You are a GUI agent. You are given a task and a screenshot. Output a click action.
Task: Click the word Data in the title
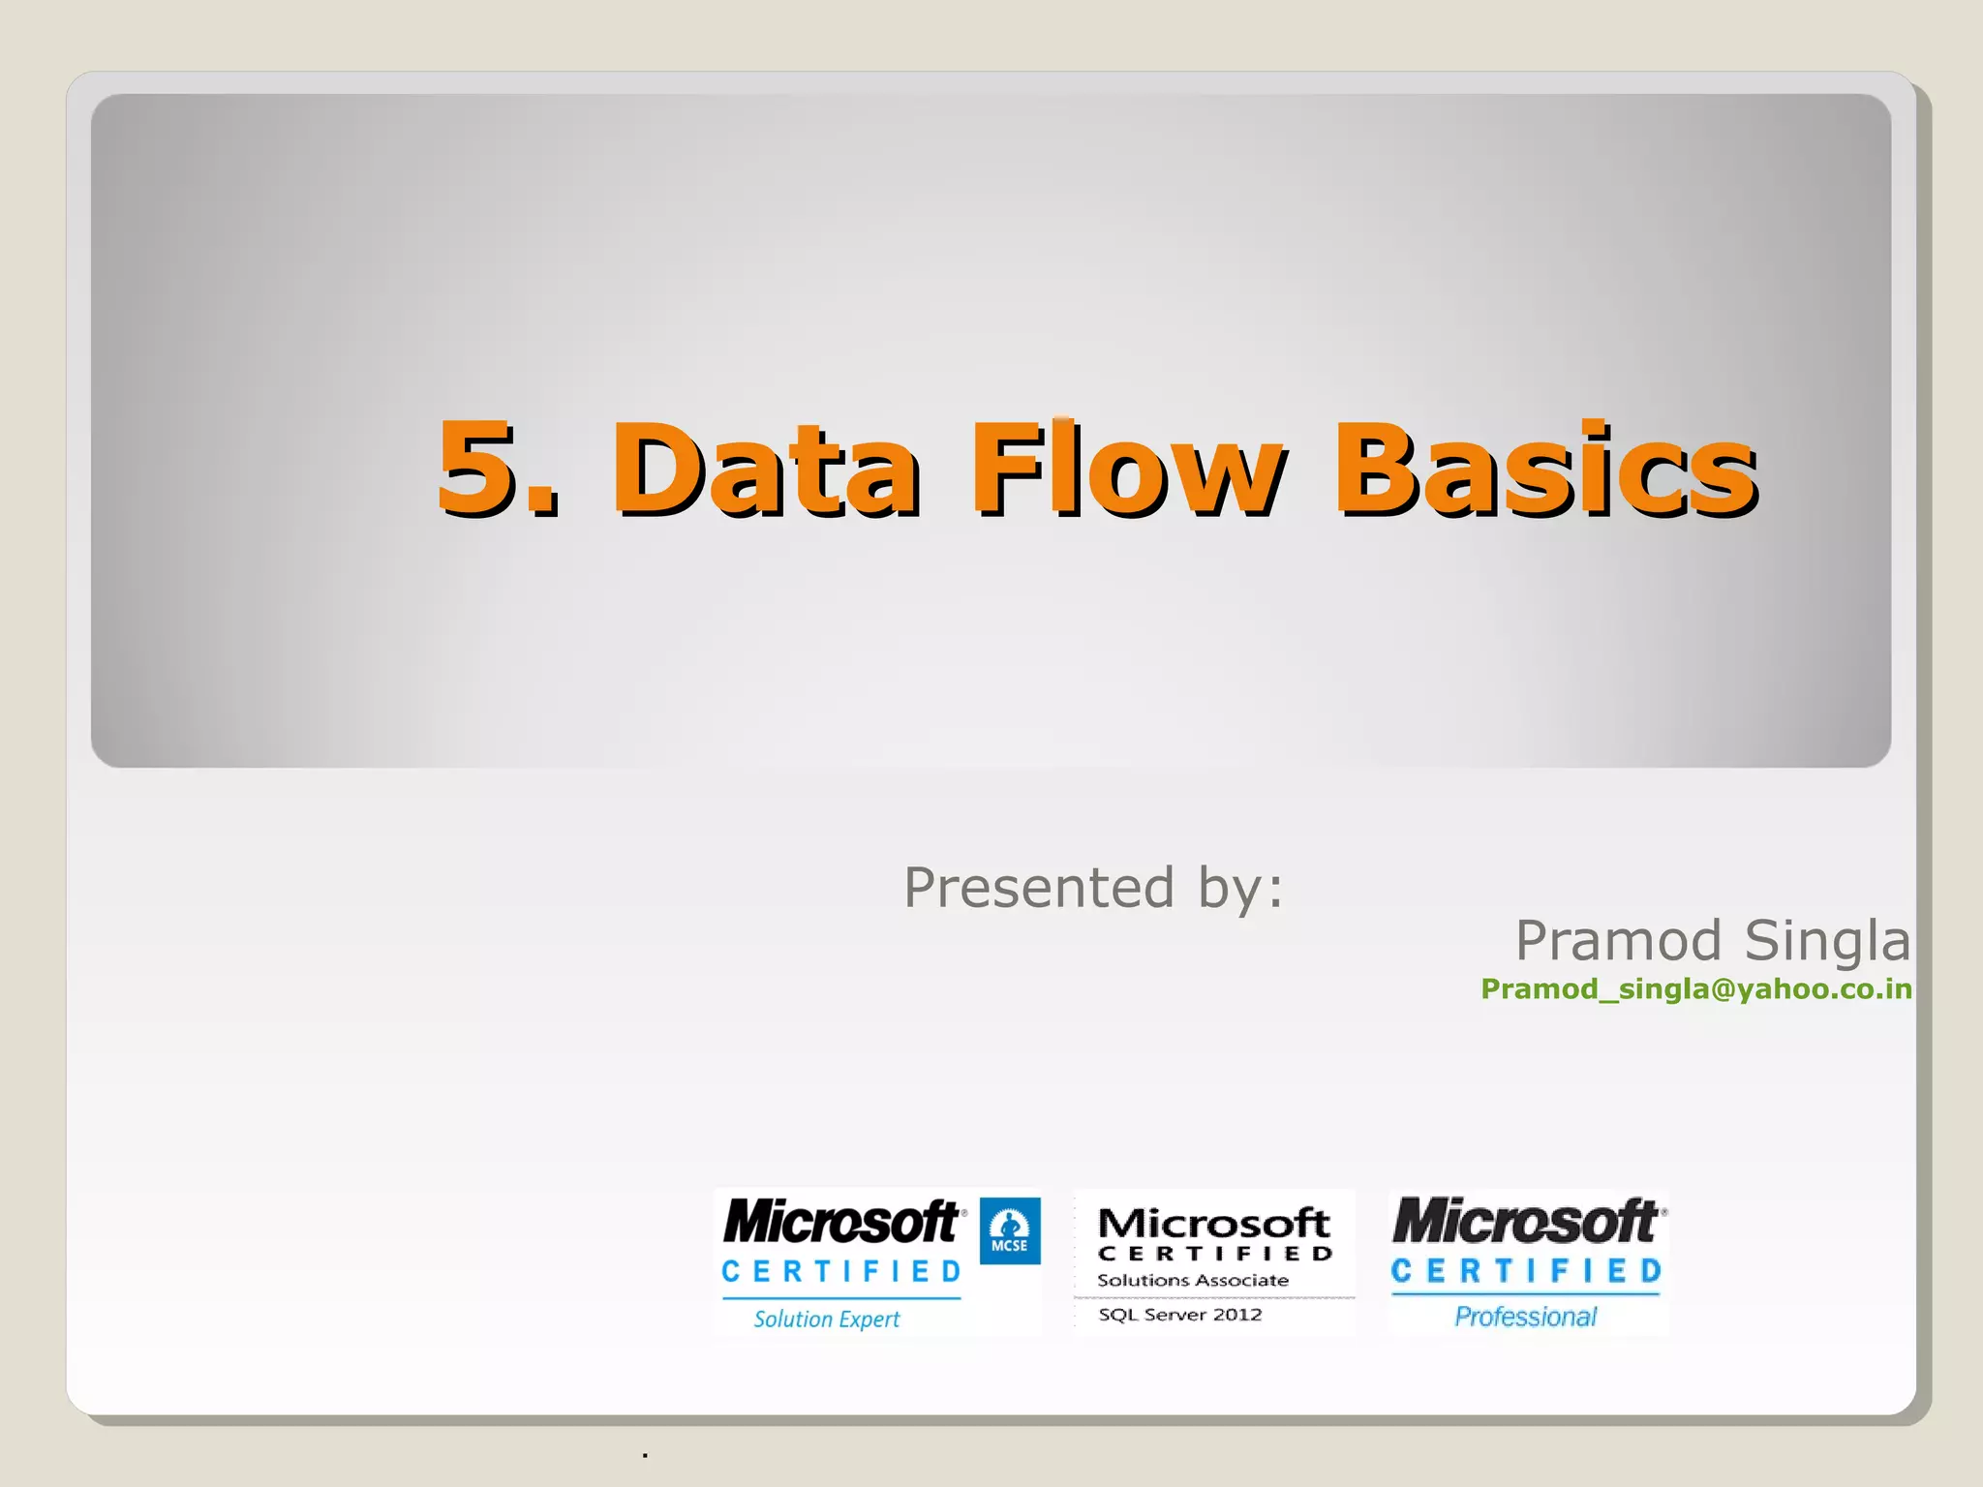[764, 469]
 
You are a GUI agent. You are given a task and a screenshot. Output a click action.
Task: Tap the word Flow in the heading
[1128, 469]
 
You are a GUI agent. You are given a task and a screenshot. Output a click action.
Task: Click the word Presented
[1039, 887]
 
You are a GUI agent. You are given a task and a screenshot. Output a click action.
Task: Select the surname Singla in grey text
[1827, 940]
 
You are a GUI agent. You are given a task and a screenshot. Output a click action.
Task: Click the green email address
[1696, 988]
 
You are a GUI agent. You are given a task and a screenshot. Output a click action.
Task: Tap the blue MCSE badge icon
[1010, 1230]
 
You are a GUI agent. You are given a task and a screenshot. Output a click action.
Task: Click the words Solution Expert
[827, 1319]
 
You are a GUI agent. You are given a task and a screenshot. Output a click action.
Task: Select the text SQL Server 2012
[1179, 1315]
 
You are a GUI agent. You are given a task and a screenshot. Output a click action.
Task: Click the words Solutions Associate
[1192, 1280]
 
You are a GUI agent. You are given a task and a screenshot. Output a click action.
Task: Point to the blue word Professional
[1525, 1317]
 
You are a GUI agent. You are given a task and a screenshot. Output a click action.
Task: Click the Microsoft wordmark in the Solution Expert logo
[840, 1221]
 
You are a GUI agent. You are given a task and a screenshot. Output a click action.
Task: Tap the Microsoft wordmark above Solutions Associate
[1213, 1223]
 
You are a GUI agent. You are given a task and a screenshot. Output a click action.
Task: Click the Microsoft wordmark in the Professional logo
[1525, 1221]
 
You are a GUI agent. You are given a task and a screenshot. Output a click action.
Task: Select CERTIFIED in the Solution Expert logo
[840, 1271]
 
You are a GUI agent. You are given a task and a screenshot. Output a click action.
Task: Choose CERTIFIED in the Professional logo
[1525, 1270]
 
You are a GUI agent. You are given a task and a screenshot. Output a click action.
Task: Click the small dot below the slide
[645, 1455]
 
